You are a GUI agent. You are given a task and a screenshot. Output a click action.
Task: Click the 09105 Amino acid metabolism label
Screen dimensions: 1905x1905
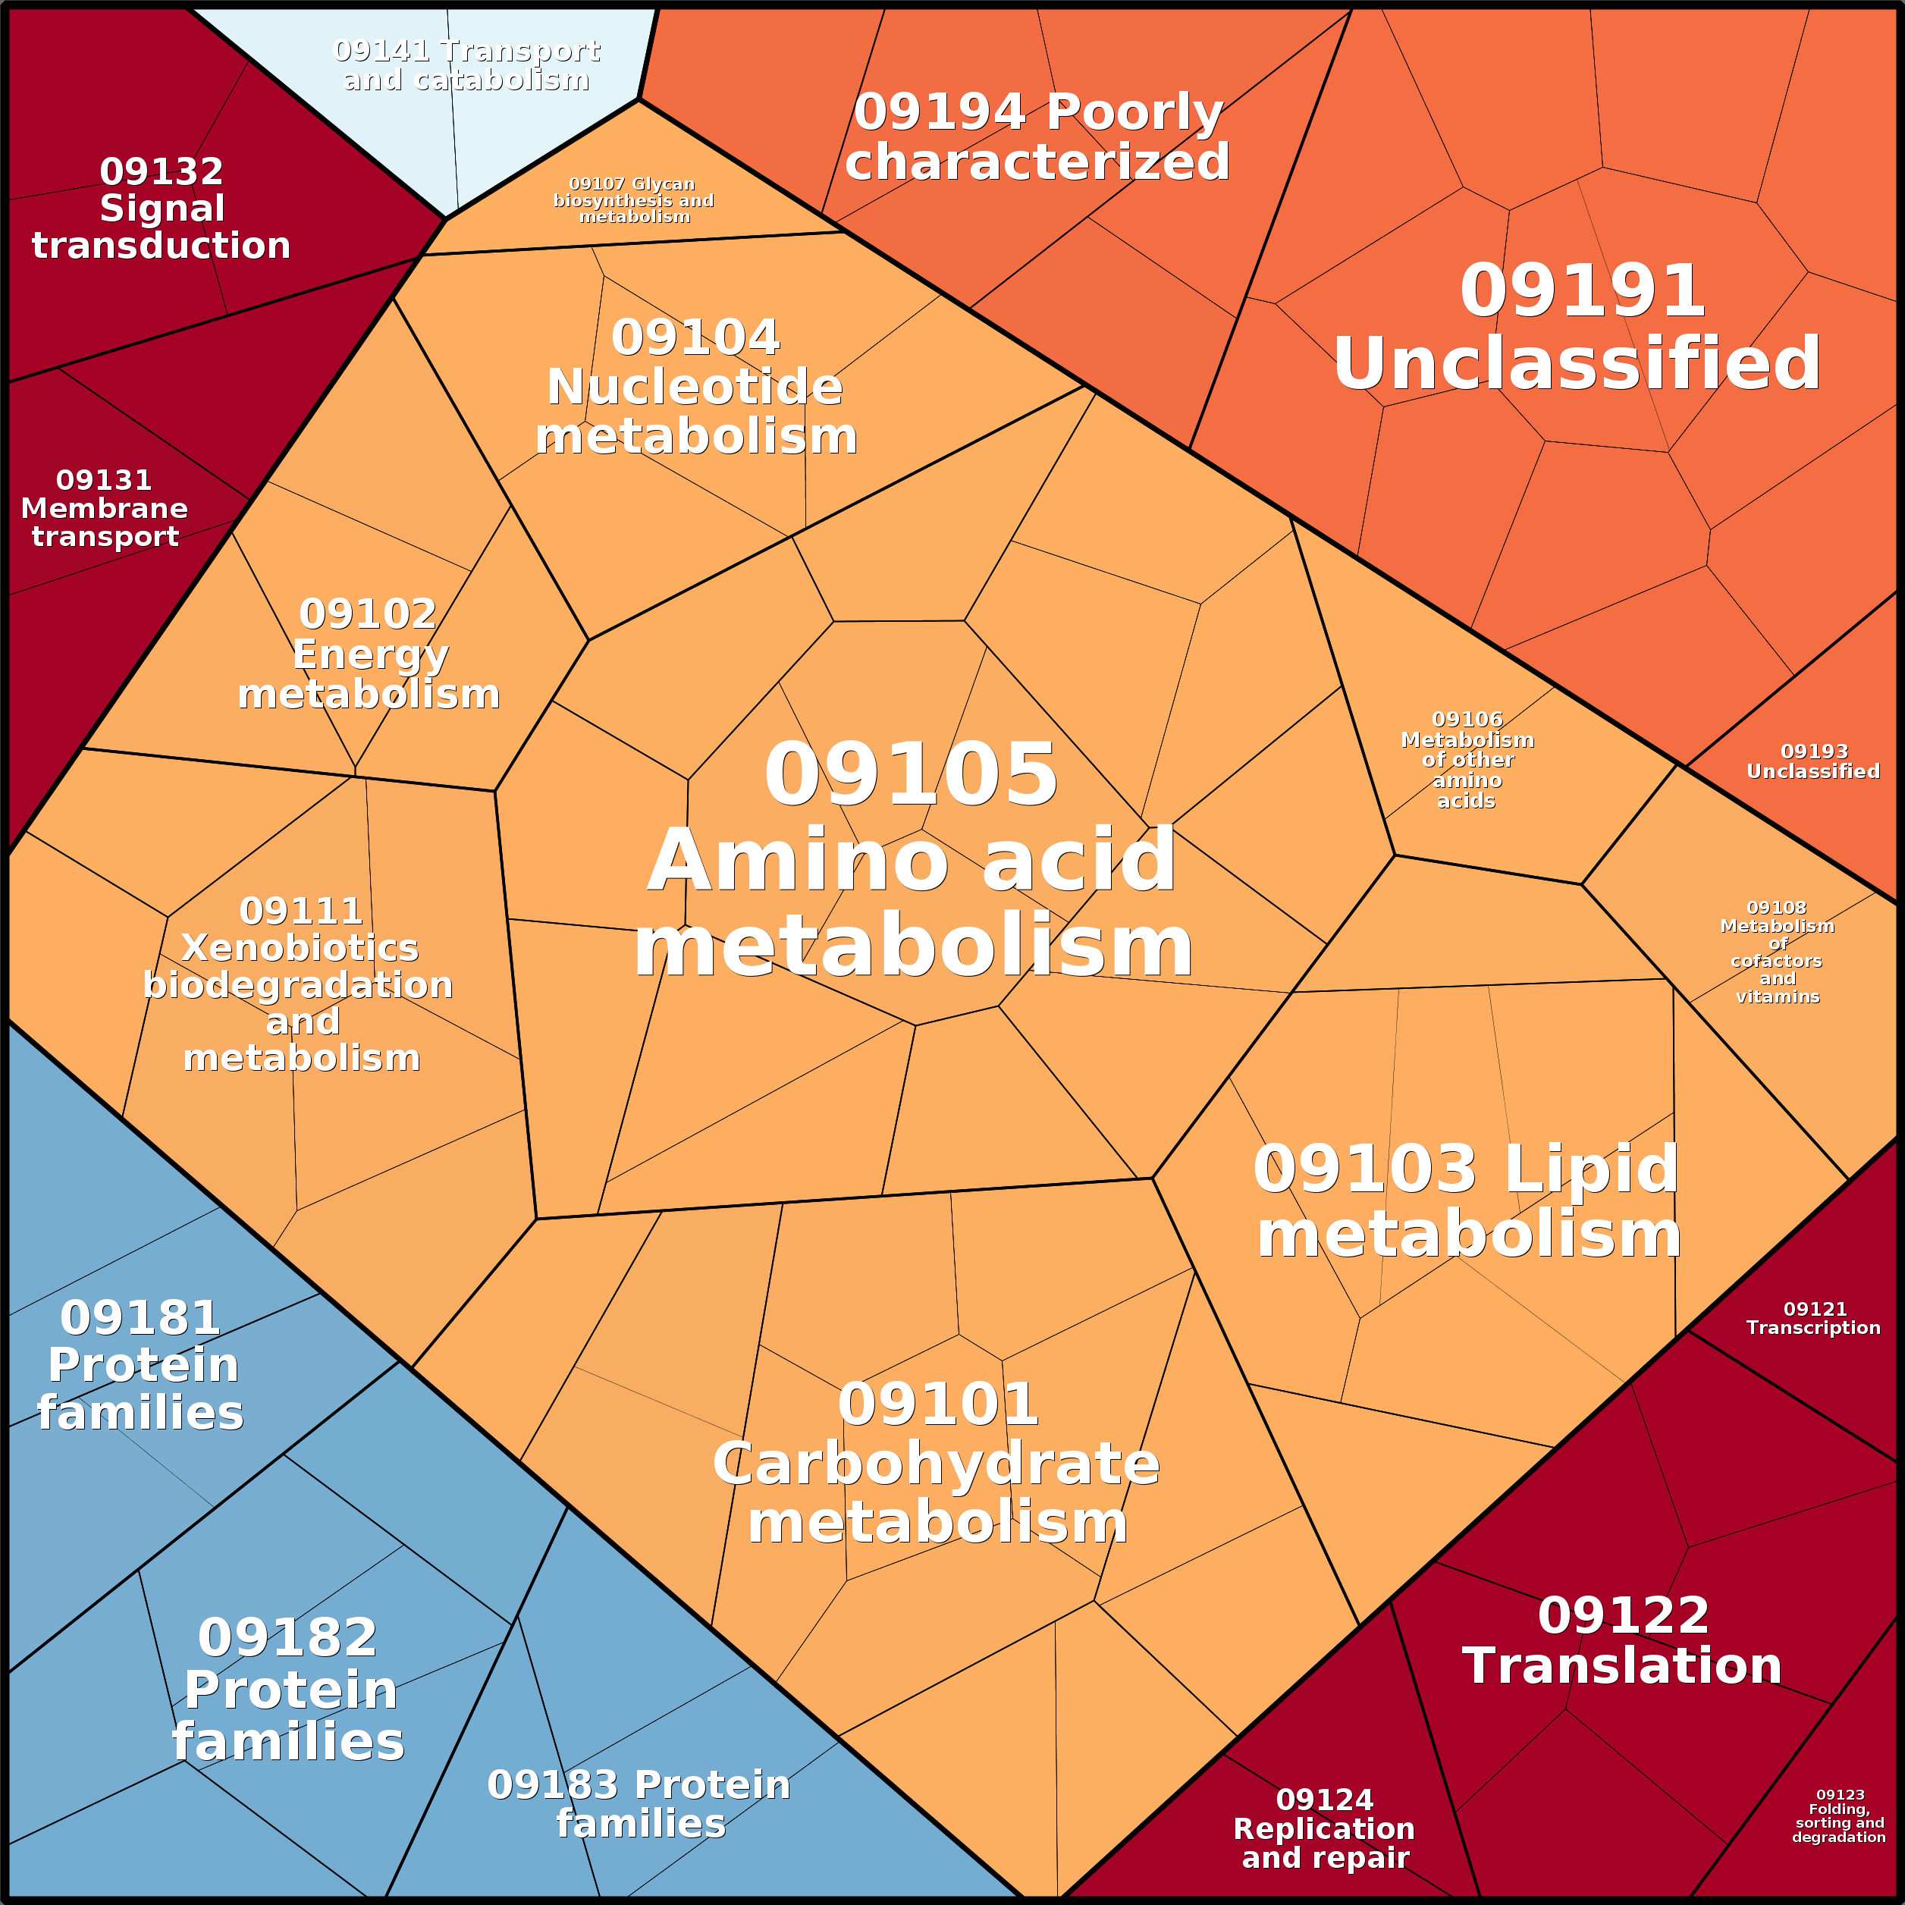pos(912,860)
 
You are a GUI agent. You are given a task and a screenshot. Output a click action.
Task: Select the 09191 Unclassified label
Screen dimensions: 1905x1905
pos(1577,328)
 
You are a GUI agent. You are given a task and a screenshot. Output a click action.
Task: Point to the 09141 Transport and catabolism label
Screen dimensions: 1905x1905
pos(466,65)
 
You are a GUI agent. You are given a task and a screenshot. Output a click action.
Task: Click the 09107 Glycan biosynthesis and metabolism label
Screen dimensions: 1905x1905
pos(633,200)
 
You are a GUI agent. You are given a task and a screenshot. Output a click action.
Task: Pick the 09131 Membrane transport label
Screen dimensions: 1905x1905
pos(105,508)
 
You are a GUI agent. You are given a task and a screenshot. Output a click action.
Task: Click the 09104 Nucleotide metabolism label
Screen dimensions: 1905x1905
pos(696,387)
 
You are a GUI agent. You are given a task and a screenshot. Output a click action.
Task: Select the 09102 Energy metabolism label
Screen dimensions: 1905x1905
pos(369,654)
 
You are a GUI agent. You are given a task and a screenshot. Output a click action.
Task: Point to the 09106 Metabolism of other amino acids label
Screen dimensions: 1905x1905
pos(1467,759)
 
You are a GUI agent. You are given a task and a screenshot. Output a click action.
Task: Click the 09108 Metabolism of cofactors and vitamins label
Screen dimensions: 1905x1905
pos(1777,952)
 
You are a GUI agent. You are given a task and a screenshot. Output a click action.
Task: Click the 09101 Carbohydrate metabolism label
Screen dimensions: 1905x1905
pos(937,1464)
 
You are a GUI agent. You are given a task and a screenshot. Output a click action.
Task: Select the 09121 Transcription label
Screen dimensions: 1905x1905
pos(1813,1318)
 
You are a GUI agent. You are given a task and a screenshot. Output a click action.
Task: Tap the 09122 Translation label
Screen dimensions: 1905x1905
pos(1622,1640)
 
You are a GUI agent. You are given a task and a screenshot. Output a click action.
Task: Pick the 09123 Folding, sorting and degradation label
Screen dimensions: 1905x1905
pos(1839,1816)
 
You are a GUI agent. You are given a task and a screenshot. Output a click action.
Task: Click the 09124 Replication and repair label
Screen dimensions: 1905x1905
pos(1324,1828)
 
